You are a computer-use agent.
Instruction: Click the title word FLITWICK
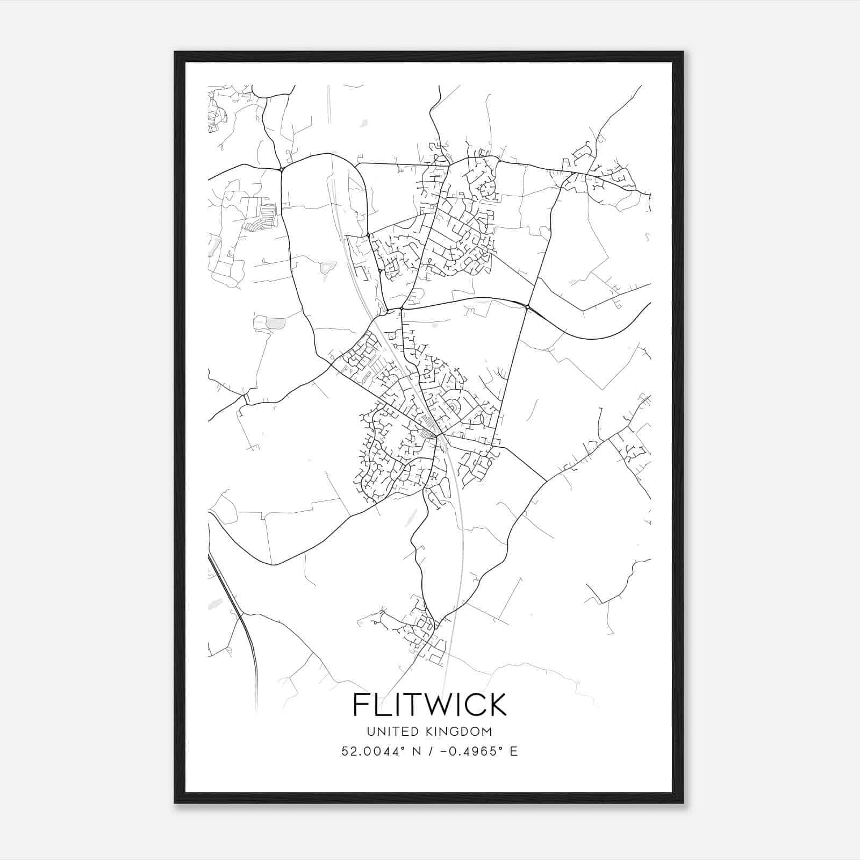[429, 704]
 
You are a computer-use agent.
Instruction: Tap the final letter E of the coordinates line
[514, 751]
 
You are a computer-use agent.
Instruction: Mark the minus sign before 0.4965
[443, 751]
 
